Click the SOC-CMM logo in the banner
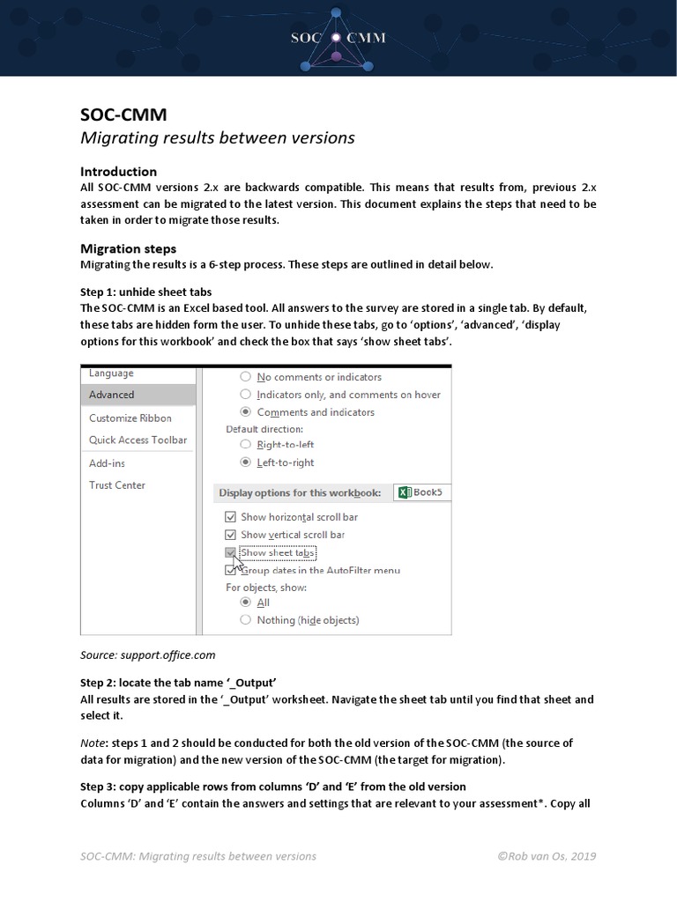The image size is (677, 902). point(339,38)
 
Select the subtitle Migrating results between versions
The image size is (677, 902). point(217,137)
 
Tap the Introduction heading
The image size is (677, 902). point(118,171)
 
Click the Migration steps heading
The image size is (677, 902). point(128,248)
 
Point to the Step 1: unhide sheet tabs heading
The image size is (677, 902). point(145,292)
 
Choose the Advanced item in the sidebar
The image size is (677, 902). point(112,395)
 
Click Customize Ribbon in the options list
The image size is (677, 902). point(130,418)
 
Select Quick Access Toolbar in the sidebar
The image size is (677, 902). point(138,440)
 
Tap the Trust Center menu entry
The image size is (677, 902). point(117,485)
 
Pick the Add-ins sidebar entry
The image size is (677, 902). point(107,462)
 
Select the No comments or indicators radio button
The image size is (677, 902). point(246,377)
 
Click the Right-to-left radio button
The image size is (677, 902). point(246,445)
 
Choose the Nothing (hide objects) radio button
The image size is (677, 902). point(246,620)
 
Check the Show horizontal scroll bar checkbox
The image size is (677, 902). point(231,517)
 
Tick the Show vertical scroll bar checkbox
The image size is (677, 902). point(231,535)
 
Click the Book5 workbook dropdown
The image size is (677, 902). point(421,492)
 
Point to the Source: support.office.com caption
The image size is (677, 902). point(147,655)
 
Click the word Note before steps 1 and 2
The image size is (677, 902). point(93,743)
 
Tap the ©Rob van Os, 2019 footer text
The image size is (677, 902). point(547,856)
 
